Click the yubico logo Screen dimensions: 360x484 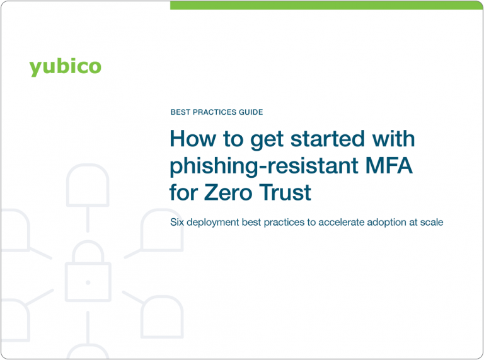65,66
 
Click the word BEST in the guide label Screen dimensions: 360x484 181,112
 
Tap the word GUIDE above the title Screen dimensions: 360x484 250,112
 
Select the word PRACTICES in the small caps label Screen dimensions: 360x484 214,112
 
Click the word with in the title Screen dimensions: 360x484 395,139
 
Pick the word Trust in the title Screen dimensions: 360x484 289,192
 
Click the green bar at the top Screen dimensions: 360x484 326,5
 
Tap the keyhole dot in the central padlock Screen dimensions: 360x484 88,282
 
